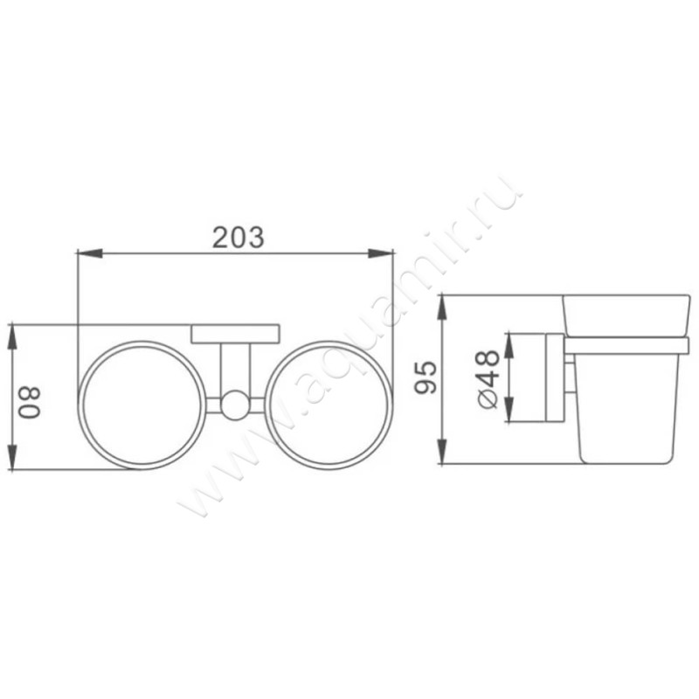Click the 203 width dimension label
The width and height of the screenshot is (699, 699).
click(238, 237)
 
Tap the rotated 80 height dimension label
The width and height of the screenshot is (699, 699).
click(30, 402)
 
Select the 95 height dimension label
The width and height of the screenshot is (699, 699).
click(426, 378)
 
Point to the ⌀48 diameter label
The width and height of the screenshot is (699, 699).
click(488, 379)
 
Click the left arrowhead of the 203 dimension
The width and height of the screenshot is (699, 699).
click(90, 253)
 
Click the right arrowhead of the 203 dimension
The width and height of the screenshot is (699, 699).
click(380, 253)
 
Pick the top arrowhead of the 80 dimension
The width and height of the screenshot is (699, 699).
click(12, 337)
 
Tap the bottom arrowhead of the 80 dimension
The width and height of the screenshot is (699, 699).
click(12, 456)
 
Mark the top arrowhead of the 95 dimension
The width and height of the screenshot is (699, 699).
click(441, 308)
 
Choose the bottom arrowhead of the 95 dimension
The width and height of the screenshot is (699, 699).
click(441, 452)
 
